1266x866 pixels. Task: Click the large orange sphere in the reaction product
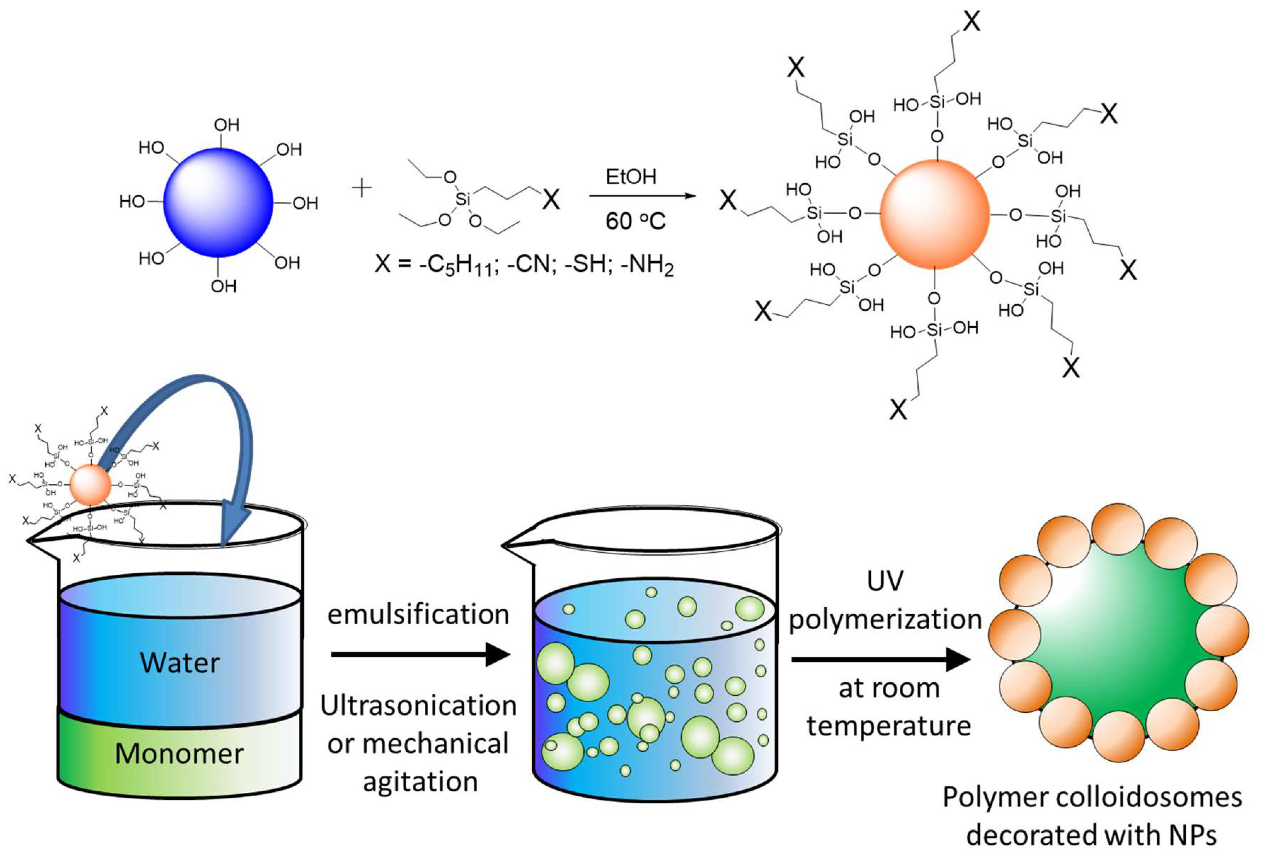click(934, 214)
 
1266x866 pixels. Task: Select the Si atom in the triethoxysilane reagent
click(463, 199)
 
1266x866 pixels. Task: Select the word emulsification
click(418, 614)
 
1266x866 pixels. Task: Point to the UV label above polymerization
click(885, 581)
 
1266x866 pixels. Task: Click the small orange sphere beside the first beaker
click(90, 485)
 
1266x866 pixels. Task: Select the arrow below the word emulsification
click(419, 654)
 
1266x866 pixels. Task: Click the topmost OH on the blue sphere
click(227, 125)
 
